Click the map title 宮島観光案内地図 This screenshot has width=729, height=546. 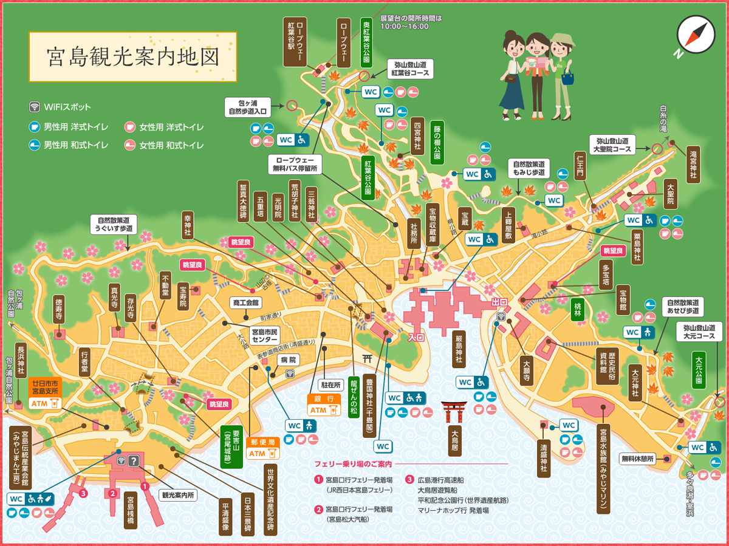pos(132,56)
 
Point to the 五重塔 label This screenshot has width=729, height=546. pos(260,207)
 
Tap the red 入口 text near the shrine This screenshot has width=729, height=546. pos(416,336)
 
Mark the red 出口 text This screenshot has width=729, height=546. pos(490,301)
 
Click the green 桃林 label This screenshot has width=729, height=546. pos(578,309)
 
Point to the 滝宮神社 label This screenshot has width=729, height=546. pos(694,164)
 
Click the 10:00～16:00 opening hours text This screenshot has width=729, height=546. pos(404,26)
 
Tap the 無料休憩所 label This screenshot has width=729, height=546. pos(638,459)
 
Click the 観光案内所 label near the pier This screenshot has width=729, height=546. pos(178,495)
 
